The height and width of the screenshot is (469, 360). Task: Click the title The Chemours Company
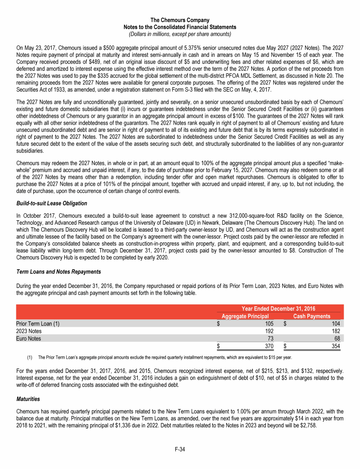(180, 20)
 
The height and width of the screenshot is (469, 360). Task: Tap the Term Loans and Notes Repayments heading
(55, 272)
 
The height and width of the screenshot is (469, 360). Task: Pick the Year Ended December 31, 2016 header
(278, 309)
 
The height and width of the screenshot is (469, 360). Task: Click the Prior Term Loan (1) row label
(38, 324)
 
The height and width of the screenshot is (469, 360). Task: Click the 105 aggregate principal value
(269, 324)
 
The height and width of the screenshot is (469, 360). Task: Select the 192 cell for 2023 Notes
(269, 331)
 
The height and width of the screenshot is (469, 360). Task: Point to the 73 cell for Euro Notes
(270, 338)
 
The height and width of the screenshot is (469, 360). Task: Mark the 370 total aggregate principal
(269, 346)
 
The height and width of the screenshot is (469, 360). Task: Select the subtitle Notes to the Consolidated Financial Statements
(180, 27)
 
